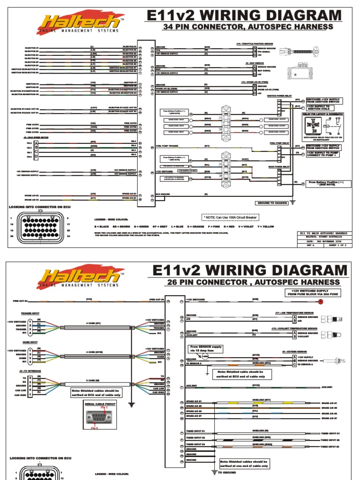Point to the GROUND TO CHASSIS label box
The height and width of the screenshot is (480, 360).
[272, 203]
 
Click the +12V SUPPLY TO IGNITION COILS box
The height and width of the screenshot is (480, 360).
[323, 107]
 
